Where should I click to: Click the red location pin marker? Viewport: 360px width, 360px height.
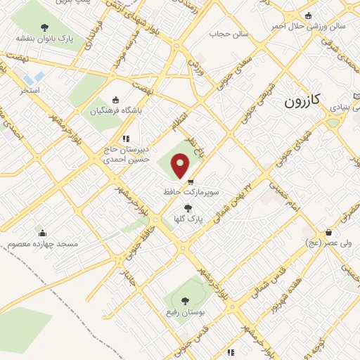click(x=181, y=166)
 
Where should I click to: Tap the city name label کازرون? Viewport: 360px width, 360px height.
click(x=302, y=101)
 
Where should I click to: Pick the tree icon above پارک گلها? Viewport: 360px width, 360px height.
click(x=187, y=207)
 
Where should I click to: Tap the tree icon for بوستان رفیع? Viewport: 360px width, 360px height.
click(x=185, y=300)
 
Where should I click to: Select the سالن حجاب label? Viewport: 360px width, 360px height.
click(x=225, y=32)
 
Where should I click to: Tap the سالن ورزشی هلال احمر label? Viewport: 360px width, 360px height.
click(x=314, y=27)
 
